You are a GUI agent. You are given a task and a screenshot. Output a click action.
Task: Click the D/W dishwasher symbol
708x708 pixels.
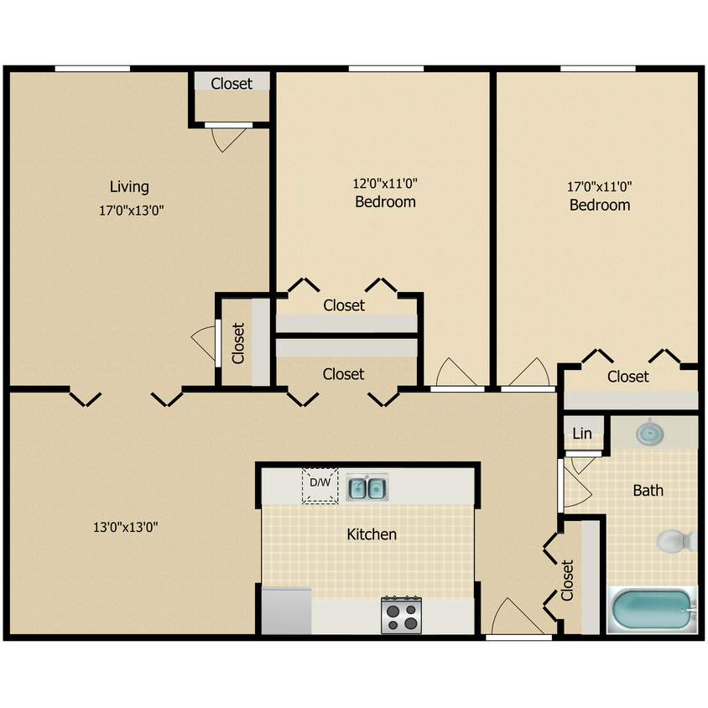coord(320,485)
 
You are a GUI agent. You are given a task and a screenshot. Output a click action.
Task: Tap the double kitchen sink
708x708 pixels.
coord(366,487)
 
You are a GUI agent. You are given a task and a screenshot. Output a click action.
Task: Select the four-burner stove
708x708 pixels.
coord(401,616)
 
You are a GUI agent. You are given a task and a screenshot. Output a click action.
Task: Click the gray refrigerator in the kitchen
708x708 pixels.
coord(286,610)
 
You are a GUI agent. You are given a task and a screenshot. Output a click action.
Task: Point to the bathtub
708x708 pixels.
coord(652,612)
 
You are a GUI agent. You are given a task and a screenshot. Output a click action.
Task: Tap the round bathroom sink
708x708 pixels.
coord(648,434)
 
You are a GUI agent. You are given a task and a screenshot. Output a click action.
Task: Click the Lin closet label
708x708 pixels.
coord(582,434)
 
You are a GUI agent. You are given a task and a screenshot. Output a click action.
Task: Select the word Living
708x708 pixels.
coord(129,186)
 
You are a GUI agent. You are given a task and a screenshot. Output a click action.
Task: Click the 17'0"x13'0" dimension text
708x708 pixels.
coord(131,211)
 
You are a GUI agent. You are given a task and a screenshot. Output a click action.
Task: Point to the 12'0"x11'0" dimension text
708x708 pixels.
coord(385,182)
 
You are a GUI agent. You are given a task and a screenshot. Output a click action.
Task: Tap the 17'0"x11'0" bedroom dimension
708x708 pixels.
coord(600,185)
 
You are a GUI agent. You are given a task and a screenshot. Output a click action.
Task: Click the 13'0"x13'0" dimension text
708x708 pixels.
coord(126,528)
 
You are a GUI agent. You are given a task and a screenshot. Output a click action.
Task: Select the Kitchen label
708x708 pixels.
coord(372,534)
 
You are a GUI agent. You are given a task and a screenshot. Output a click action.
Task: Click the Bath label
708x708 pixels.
coord(648,490)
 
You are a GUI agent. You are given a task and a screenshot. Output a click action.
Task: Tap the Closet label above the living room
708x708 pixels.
coord(232,83)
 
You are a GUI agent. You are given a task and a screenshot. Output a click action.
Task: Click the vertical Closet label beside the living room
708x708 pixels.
coord(238,343)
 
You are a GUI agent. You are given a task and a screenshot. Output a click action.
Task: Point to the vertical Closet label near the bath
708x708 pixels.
coord(567,580)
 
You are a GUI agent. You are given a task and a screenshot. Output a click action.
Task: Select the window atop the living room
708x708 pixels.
coord(92,69)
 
